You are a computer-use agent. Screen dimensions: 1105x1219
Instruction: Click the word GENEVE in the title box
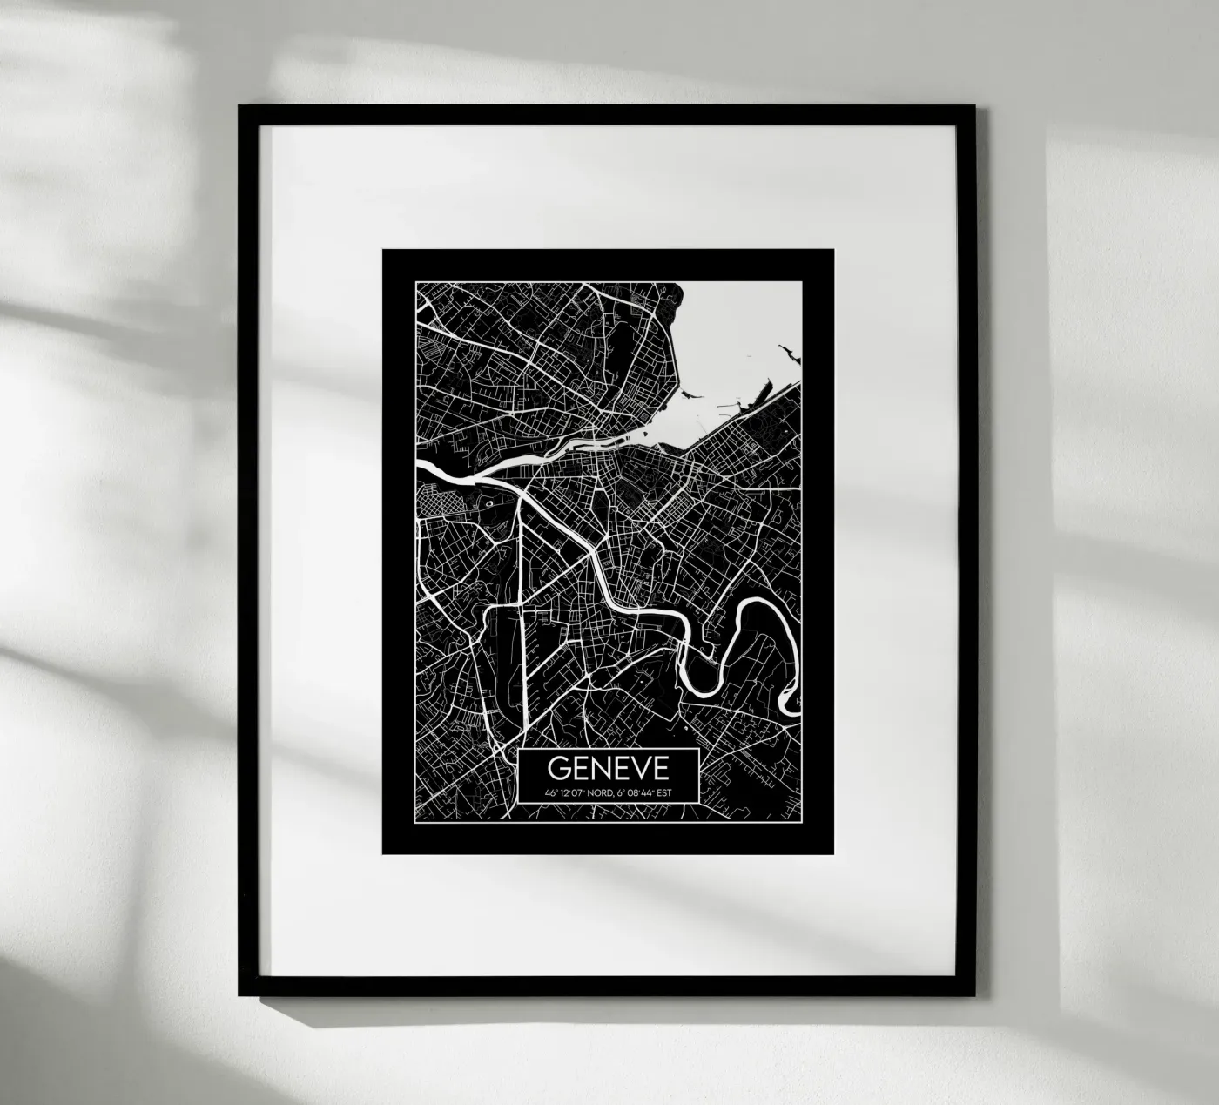(608, 767)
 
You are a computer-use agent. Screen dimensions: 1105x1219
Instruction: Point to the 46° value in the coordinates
(550, 793)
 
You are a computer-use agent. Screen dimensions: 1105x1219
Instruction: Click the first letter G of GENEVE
(558, 767)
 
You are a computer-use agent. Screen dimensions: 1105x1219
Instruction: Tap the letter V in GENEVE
(637, 767)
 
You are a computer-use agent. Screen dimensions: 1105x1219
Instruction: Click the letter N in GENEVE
(597, 767)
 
